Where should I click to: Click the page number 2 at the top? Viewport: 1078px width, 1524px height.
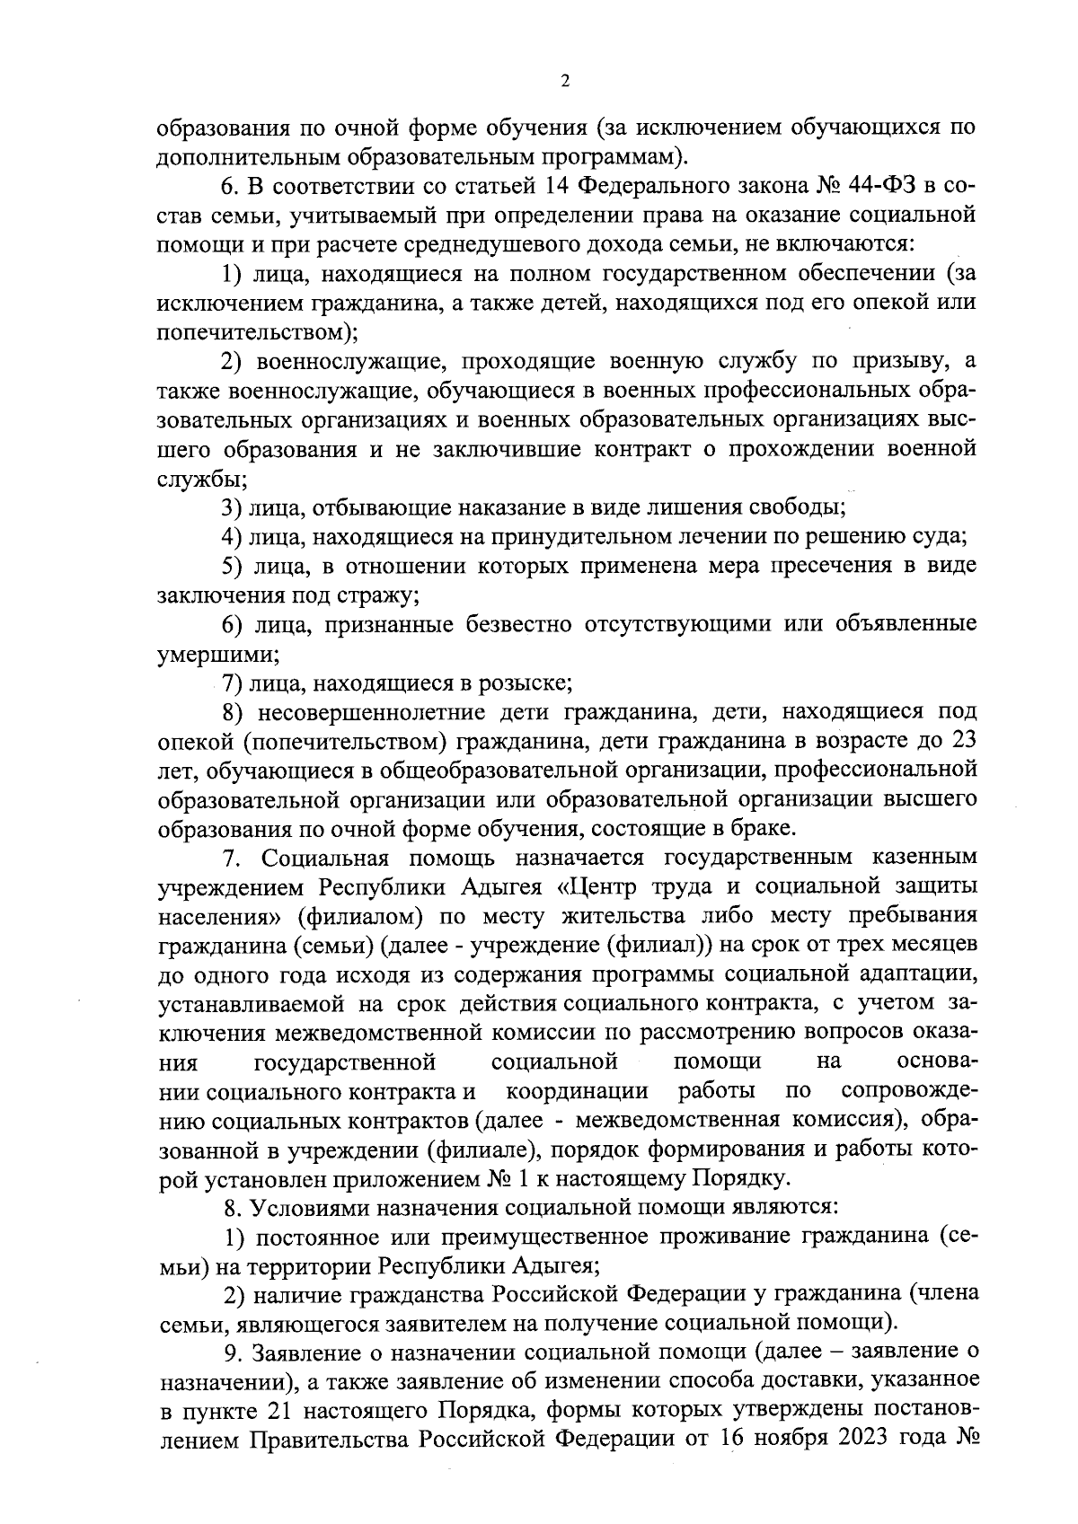564,82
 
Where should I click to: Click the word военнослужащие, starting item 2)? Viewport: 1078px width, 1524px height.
340,362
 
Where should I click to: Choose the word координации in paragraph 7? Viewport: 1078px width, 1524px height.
577,1091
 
